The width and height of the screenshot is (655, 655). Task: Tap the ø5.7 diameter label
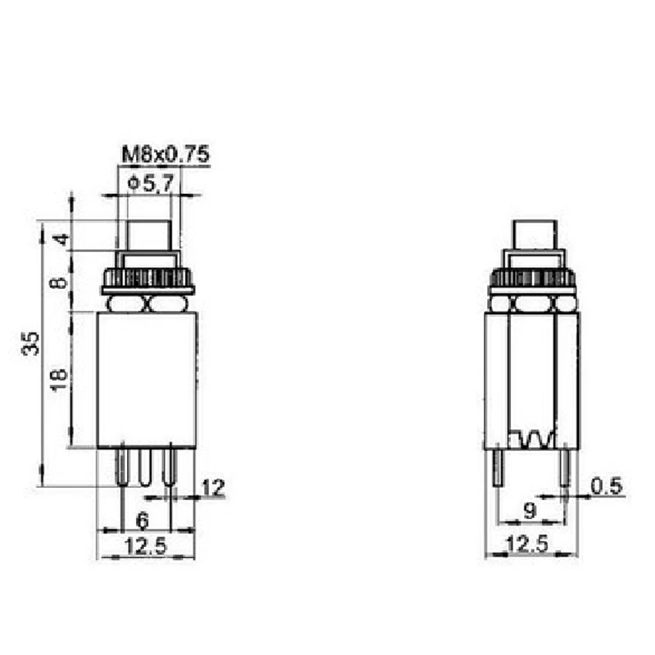point(151,184)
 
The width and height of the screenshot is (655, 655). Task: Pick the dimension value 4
point(59,241)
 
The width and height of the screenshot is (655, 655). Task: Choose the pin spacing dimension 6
point(142,518)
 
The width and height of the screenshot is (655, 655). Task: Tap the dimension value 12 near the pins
point(212,489)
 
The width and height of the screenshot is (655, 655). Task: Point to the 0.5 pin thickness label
point(607,487)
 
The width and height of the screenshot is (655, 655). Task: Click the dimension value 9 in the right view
point(531,512)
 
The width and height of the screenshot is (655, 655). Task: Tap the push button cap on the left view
point(148,236)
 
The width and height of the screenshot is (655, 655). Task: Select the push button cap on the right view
point(535,236)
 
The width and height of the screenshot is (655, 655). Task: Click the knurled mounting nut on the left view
point(148,279)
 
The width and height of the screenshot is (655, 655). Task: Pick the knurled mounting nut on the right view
point(535,279)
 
